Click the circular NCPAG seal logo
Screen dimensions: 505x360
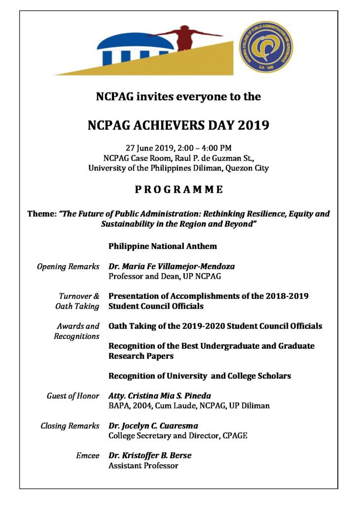coord(266,47)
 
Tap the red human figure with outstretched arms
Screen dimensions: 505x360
coord(185,38)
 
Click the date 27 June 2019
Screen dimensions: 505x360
coord(146,148)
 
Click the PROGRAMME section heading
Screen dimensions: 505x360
coord(179,190)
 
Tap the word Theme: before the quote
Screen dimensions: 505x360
coord(42,214)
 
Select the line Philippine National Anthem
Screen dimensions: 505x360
coord(162,246)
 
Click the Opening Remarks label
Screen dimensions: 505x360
coord(68,266)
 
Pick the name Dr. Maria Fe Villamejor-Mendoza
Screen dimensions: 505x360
coord(172,266)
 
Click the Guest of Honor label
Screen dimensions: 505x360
coord(73,396)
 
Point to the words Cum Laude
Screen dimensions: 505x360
coord(181,406)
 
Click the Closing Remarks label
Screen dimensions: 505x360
coord(70,426)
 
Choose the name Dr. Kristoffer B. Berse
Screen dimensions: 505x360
coord(150,455)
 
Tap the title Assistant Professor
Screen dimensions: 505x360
coord(143,466)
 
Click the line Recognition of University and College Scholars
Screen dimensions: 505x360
coord(199,376)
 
